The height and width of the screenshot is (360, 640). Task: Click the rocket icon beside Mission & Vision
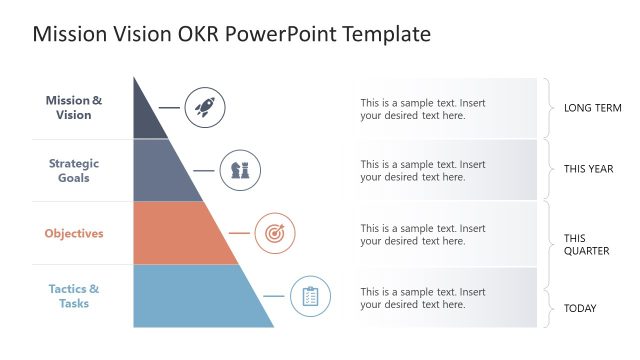point(205,106)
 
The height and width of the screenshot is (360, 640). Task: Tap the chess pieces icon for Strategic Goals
point(240,170)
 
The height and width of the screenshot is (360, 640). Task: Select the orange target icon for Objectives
point(275,234)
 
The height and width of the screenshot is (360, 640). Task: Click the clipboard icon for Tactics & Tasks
point(310,297)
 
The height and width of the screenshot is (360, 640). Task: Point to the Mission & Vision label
point(74,107)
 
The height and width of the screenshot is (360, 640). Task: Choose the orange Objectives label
point(74,233)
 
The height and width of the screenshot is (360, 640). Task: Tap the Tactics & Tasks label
point(74,296)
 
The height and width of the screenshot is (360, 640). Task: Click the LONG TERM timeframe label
point(593,108)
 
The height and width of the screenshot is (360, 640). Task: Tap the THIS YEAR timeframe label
point(588,169)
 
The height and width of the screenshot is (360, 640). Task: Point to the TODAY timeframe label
point(580,308)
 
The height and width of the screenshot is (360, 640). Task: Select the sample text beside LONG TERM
point(423,108)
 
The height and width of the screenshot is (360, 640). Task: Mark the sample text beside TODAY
point(423,298)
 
